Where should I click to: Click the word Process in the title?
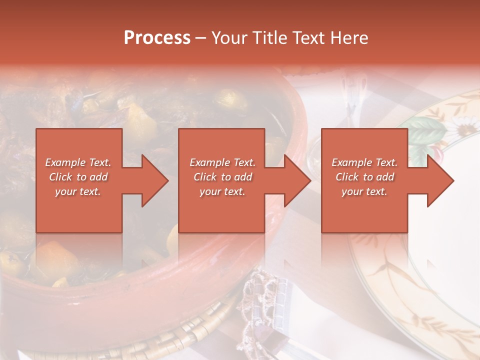tap(157, 38)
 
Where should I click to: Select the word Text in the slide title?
tap(309, 38)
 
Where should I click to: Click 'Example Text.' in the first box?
tap(78, 162)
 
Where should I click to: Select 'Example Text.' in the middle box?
tap(222, 162)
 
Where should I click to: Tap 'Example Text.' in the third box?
tap(364, 162)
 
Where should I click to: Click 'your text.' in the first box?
tap(78, 191)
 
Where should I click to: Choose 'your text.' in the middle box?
tap(222, 191)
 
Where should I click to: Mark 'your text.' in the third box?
tap(364, 191)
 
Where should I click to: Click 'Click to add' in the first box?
tap(78, 177)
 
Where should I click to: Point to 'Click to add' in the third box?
tap(364, 177)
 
